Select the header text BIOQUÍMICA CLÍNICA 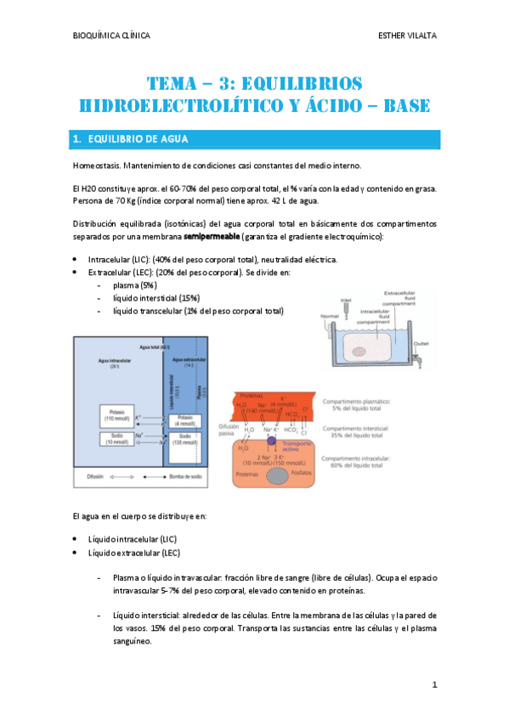coord(112,36)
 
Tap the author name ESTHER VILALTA coord(407,36)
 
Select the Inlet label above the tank coord(346,300)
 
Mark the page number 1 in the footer coord(433,684)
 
